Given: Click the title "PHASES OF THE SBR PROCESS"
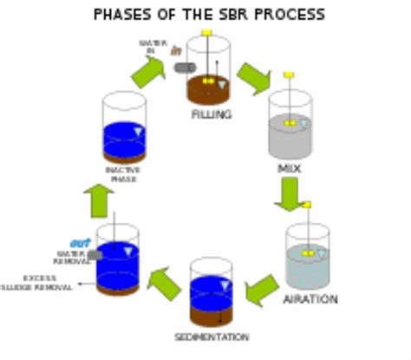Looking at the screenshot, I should click(208, 15).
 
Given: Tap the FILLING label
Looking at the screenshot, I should click(212, 114).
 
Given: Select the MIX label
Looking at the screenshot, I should click(289, 167).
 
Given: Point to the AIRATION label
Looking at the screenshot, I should click(310, 299).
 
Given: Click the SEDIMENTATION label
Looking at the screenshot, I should click(212, 337).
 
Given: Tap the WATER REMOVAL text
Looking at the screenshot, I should click(72, 258).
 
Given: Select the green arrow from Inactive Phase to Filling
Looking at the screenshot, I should click(148, 72).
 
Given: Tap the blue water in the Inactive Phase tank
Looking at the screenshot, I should click(121, 139).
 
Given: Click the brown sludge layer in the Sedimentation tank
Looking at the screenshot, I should click(211, 314).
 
